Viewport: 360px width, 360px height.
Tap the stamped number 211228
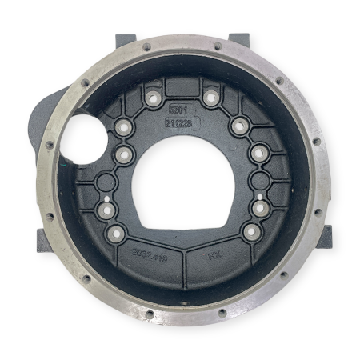pos(178,124)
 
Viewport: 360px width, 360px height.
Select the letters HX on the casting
pos(214,257)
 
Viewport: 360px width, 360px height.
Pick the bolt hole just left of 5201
pos(150,98)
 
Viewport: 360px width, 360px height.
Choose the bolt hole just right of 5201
pos(210,98)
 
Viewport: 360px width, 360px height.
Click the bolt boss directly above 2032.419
pos(117,233)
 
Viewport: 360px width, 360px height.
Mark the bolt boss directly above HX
pos(250,233)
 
